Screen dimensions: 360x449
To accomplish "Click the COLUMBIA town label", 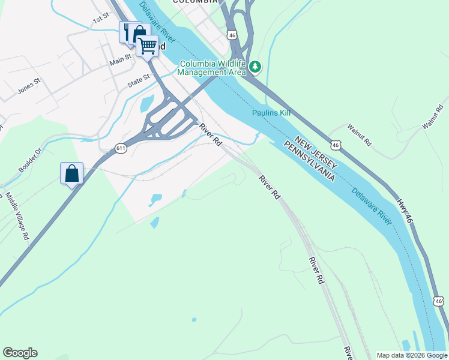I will pos(194,2).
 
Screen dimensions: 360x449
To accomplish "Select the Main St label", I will pos(120,60).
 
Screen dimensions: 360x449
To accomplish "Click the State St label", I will pos(138,81).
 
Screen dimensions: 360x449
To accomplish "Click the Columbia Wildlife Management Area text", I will pos(213,68).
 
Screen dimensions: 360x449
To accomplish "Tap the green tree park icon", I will pos(255,66).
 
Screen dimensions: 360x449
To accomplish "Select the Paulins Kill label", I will pos(271,113).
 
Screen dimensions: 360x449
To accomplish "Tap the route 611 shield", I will pos(121,148).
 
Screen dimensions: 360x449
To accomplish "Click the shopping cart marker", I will pos(147,45).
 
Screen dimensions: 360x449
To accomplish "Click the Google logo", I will pos(20,353).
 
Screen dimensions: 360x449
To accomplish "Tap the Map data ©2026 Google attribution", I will pos(411,355).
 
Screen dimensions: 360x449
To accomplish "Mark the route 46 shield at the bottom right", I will pos(438,301).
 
